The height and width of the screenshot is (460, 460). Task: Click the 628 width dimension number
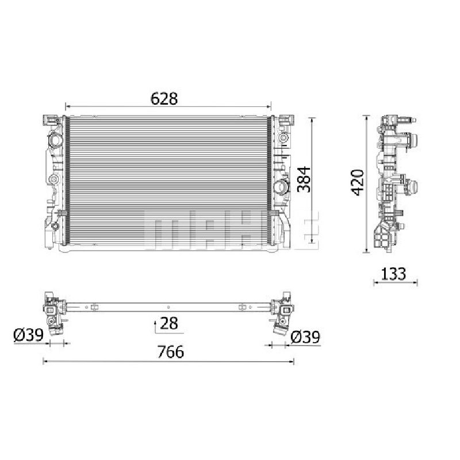164,98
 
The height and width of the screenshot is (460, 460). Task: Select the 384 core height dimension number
304,179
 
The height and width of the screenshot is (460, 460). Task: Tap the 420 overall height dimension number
358,182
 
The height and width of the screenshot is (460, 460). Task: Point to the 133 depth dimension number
393,274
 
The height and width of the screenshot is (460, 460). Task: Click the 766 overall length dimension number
171,352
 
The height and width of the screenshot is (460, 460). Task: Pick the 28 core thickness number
169,323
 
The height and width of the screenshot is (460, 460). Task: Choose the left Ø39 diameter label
28,335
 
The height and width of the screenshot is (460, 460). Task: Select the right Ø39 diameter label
305,337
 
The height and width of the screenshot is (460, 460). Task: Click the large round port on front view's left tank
55,140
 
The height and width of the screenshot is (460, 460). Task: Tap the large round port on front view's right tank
281,186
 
